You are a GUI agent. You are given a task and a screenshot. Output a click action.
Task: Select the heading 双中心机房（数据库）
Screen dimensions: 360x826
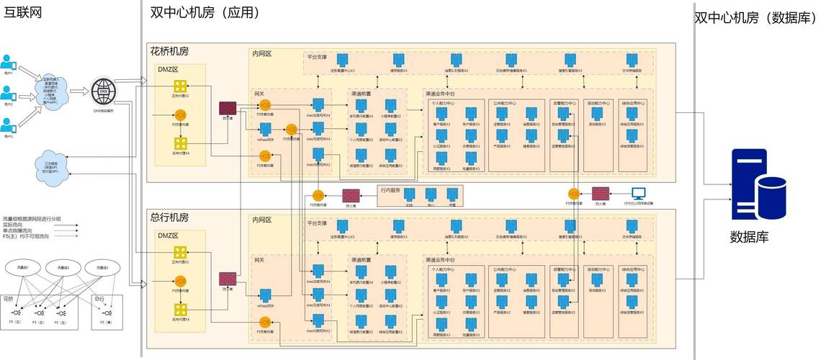755,18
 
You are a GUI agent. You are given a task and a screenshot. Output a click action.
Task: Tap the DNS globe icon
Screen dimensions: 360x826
103,91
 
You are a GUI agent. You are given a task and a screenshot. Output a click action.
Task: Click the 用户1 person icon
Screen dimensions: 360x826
9,62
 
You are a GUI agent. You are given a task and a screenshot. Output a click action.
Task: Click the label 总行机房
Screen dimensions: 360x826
169,217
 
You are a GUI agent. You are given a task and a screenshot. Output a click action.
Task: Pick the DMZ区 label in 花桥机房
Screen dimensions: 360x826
167,69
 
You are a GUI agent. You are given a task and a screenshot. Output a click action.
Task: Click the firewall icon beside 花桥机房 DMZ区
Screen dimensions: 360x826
228,109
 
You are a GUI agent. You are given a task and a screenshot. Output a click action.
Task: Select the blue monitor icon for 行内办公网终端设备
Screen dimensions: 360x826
638,193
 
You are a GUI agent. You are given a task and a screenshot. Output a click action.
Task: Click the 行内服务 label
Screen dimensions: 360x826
390,190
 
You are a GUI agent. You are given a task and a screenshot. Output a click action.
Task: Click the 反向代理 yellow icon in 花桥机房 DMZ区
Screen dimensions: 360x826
180,143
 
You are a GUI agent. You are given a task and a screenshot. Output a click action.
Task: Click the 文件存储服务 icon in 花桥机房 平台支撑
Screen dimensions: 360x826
632,60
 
